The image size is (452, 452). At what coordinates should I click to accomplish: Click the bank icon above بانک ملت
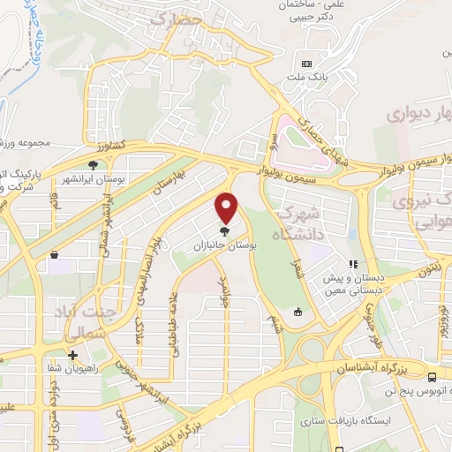pyautogui.click(x=307, y=64)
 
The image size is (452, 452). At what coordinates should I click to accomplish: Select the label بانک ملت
pyautogui.click(x=308, y=78)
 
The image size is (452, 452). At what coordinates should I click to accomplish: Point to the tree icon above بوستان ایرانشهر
pyautogui.click(x=93, y=164)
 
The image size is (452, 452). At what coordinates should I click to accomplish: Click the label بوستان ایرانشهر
pyautogui.click(x=93, y=178)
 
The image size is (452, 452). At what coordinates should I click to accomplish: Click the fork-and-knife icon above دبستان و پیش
pyautogui.click(x=353, y=263)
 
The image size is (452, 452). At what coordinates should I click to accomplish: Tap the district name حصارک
pyautogui.click(x=177, y=17)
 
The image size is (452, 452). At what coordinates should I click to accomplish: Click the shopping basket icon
pyautogui.click(x=54, y=255)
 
